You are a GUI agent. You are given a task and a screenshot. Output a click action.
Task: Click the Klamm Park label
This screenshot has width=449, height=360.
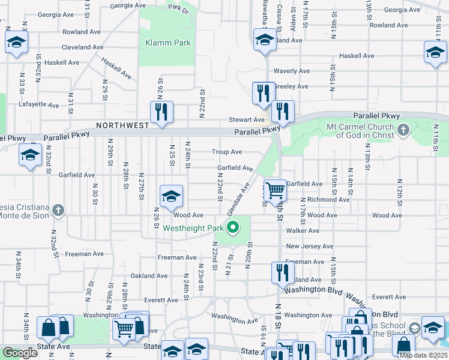[168, 43]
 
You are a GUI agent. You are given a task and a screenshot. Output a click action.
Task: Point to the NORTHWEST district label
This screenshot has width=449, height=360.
[122, 125]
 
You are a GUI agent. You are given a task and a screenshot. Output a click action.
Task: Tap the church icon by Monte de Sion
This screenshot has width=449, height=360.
[57, 210]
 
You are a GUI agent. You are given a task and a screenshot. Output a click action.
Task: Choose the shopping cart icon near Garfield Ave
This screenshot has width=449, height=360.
[275, 191]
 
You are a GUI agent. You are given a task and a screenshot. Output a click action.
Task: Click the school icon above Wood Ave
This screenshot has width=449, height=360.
[171, 196]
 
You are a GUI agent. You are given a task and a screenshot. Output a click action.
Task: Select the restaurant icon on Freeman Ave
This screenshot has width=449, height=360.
[280, 272]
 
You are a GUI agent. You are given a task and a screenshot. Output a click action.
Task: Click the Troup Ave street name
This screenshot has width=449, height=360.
[227, 152]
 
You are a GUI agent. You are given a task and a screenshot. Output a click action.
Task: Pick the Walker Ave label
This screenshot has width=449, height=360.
[303, 230]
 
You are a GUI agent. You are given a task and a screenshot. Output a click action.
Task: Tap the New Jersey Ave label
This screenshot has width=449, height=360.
[309, 246]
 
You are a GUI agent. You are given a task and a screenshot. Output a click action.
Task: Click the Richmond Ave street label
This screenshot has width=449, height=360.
[328, 199]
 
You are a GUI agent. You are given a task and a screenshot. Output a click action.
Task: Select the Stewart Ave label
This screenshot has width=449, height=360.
[250, 120]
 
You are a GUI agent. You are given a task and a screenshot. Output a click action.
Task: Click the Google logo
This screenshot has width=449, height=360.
[20, 353]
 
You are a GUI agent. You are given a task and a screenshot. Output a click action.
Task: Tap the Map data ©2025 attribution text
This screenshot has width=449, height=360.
[423, 355]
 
